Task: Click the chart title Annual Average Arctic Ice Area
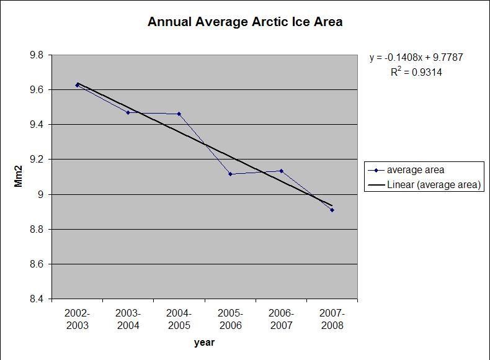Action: point(245,22)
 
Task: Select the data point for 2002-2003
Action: point(78,85)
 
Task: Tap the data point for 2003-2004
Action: point(128,112)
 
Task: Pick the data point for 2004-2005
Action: point(179,114)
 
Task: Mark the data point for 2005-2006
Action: point(230,174)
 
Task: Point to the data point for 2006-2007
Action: point(281,171)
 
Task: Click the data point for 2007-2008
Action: point(332,210)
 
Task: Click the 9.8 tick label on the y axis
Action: point(37,55)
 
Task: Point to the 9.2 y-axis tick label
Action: point(37,160)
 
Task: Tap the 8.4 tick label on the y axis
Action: point(37,299)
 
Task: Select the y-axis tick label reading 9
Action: point(41,195)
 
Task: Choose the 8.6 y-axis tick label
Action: point(37,264)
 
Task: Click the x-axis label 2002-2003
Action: point(78,319)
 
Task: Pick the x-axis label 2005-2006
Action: point(230,319)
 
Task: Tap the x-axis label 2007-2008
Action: point(332,319)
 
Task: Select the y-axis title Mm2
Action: point(19,177)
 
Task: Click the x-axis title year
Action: point(204,342)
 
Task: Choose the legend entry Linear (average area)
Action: point(434,184)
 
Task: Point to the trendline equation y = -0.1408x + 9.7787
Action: point(416,58)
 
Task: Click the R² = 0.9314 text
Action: point(416,72)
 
